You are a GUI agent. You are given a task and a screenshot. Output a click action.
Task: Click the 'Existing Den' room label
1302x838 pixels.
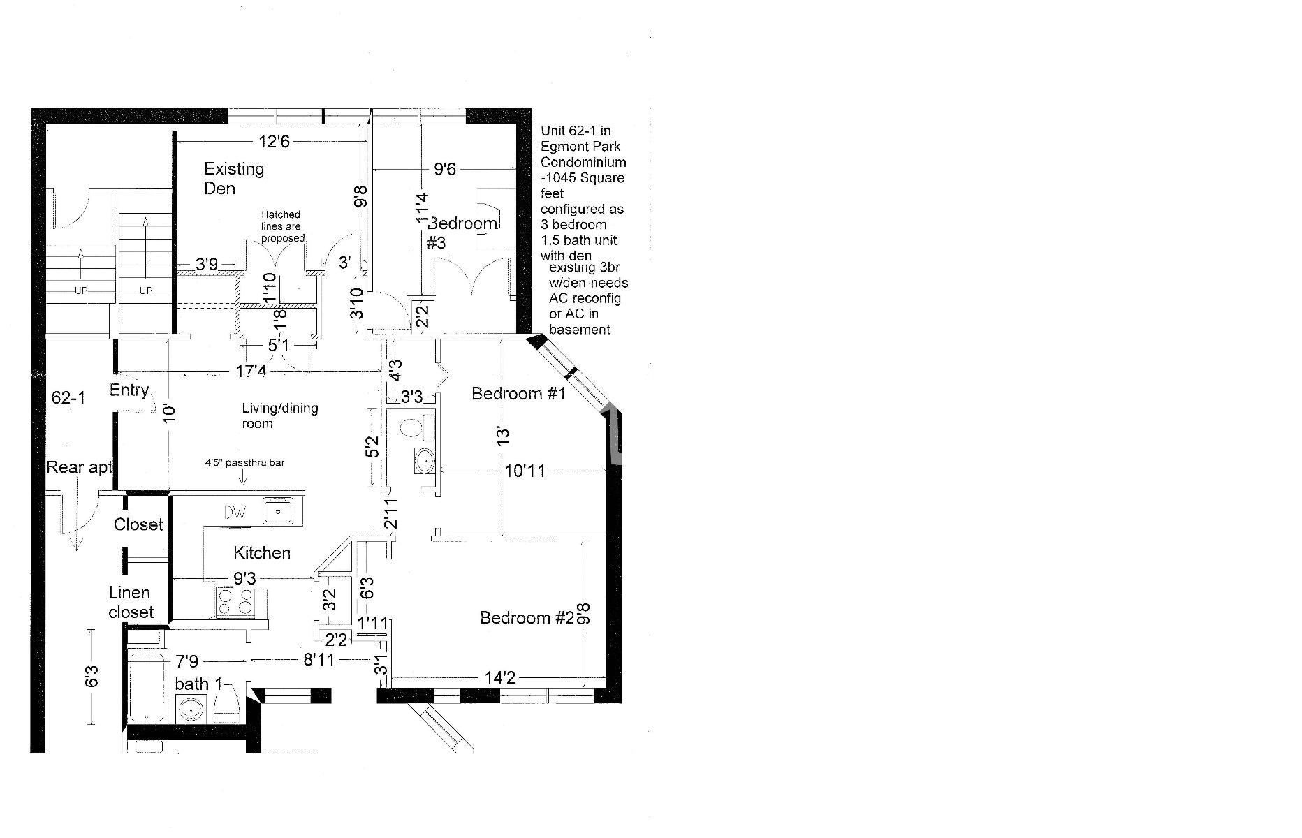(x=233, y=178)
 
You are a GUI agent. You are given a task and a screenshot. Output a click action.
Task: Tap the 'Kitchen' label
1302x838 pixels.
(x=261, y=553)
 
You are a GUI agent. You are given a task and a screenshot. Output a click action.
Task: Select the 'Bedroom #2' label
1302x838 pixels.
(x=527, y=618)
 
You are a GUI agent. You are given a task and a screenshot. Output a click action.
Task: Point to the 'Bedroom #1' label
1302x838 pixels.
(x=518, y=394)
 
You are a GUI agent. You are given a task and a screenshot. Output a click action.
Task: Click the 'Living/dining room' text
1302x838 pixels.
(x=279, y=416)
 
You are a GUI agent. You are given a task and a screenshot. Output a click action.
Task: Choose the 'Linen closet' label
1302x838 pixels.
(x=131, y=602)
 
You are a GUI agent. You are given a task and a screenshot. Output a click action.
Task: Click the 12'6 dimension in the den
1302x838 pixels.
(x=274, y=142)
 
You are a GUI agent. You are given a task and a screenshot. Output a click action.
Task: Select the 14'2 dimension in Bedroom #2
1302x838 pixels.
(x=500, y=677)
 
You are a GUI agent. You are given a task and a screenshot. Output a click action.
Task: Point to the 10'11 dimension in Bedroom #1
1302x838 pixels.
(x=525, y=471)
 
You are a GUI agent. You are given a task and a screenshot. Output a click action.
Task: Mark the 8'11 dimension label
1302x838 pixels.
(x=319, y=659)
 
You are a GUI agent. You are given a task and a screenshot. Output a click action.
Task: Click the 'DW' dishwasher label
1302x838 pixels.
(x=235, y=513)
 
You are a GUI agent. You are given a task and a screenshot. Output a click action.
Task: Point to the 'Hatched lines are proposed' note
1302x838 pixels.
(x=282, y=226)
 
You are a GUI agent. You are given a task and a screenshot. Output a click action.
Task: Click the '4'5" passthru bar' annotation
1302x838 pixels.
(x=244, y=462)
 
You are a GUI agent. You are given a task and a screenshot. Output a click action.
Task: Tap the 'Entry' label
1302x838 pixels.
(x=129, y=390)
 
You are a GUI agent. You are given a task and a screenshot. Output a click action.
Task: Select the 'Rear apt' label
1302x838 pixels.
(x=79, y=467)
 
